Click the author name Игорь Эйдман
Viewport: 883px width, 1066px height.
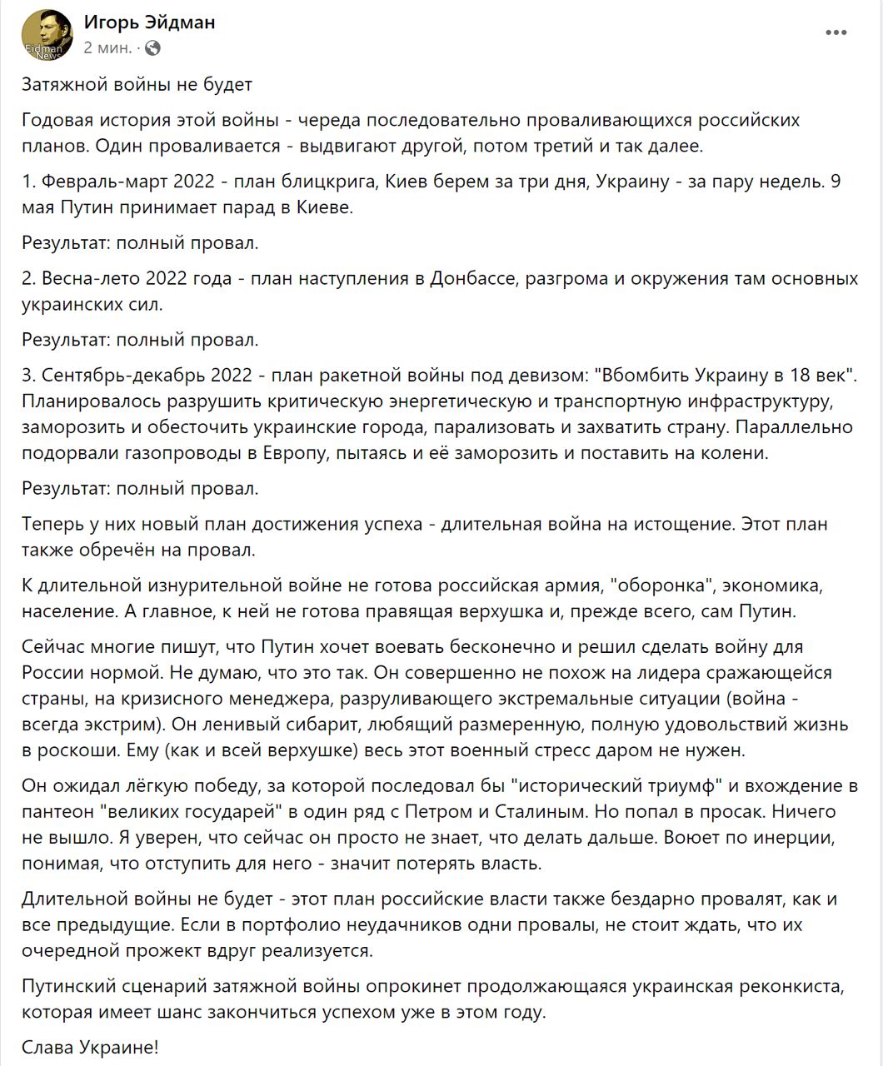tap(149, 22)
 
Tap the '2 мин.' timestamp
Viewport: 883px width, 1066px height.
tap(107, 47)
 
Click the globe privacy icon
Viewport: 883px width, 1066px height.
tap(152, 48)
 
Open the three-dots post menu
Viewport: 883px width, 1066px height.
tap(836, 32)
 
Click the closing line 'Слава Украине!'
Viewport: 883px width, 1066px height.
tap(90, 1047)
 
